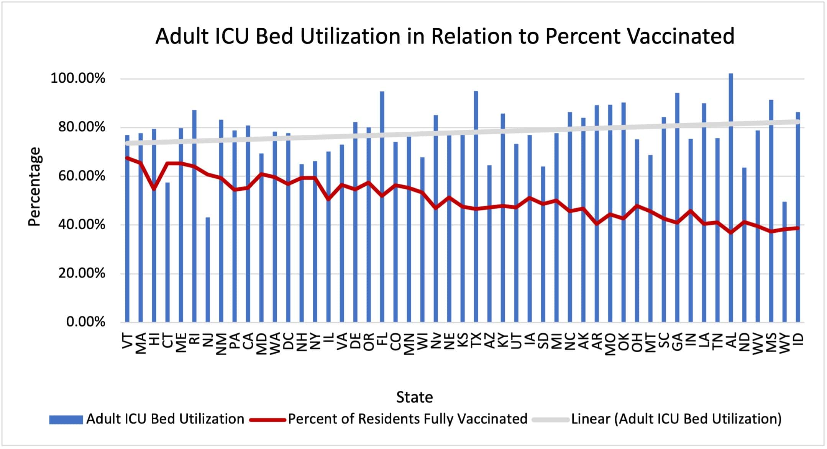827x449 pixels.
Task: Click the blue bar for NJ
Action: [208, 270]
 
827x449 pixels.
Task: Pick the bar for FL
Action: [382, 207]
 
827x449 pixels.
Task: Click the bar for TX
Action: [476, 207]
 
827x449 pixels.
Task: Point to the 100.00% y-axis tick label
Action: [78, 78]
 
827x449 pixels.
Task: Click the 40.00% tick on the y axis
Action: [82, 225]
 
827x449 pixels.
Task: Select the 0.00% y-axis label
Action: [85, 322]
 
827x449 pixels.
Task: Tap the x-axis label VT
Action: [127, 341]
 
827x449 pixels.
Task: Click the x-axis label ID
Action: [798, 340]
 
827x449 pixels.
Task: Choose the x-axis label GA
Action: [677, 341]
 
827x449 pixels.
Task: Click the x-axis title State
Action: [414, 397]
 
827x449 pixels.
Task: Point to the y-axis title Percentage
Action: [34, 187]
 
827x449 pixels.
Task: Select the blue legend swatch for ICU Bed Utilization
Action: [66, 420]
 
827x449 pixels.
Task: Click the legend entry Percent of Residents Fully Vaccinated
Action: [407, 419]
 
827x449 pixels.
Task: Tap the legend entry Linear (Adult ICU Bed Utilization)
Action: [676, 419]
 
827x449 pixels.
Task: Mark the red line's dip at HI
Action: [154, 189]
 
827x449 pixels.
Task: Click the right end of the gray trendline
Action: [798, 122]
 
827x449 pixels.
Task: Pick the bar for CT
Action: [167, 253]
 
